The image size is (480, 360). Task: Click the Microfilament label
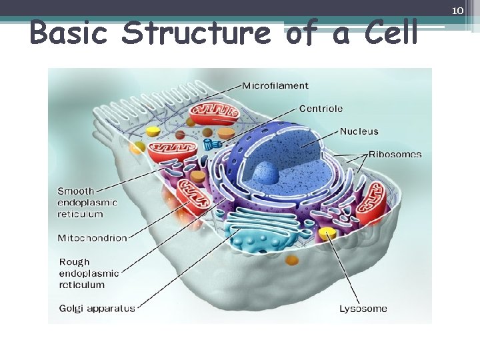pos(275,85)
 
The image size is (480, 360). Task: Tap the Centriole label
pos(321,108)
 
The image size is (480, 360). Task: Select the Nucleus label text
pos(359,131)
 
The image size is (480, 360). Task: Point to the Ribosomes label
pos(395,154)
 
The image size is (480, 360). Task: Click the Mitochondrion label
pos(92,238)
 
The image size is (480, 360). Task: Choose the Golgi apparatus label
pos(97,308)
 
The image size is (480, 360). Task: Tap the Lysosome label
pos(363,309)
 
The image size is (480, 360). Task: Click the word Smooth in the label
pos(76,191)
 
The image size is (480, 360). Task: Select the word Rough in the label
pos(74,262)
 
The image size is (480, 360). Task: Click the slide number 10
pos(457,10)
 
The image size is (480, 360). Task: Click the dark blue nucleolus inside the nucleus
pos(265,173)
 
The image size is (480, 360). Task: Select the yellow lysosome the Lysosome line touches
pos(327,233)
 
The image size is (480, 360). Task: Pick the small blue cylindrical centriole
pos(212,144)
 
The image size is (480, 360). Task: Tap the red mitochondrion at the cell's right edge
pos(374,207)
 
